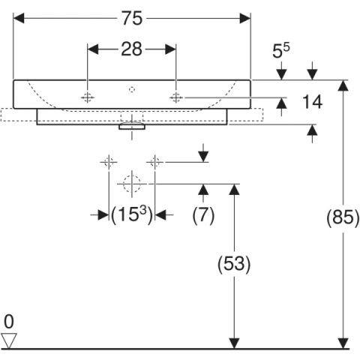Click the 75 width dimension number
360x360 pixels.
click(x=132, y=18)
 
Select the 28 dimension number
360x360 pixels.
click(x=132, y=49)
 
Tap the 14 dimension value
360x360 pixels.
click(x=312, y=102)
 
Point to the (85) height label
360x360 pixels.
click(x=343, y=217)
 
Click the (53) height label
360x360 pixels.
click(x=234, y=263)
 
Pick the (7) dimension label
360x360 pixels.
click(x=203, y=214)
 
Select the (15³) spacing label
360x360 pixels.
click(x=132, y=214)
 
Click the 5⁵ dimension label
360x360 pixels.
click(x=280, y=51)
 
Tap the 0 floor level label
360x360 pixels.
click(x=9, y=322)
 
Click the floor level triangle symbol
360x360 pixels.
click(x=9, y=340)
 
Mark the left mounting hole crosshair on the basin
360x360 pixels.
click(x=87, y=97)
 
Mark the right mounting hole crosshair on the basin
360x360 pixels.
click(x=176, y=97)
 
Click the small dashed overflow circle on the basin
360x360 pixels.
click(x=132, y=89)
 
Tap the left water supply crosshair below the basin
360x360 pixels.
click(x=109, y=162)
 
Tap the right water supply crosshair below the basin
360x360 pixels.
click(x=154, y=162)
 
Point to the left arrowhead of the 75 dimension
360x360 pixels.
click(x=19, y=18)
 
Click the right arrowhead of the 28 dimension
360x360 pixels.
click(x=170, y=49)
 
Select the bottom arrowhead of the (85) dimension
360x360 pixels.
click(x=343, y=343)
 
